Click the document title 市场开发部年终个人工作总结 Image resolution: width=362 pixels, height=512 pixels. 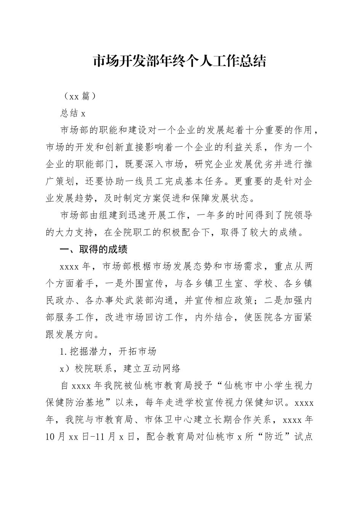(179, 61)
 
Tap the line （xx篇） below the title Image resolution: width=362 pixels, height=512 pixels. (78, 96)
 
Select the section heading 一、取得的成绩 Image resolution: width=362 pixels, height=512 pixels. (94, 250)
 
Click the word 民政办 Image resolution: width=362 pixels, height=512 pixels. (60, 300)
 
